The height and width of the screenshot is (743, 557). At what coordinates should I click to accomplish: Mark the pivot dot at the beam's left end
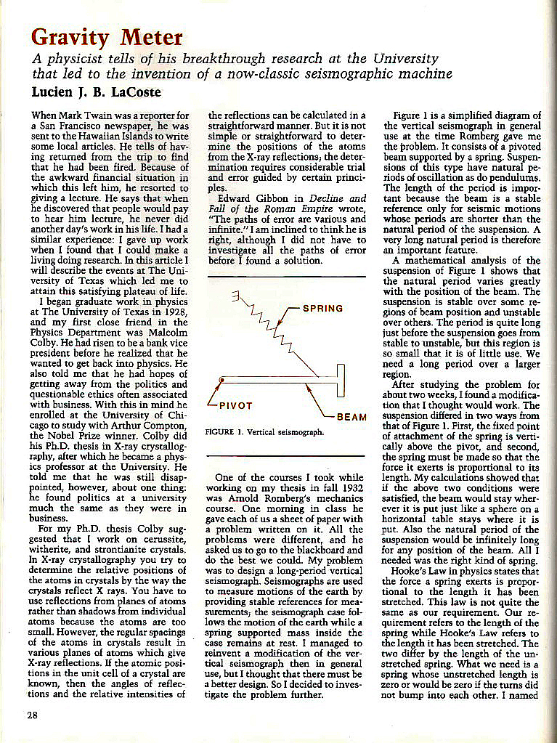(222, 380)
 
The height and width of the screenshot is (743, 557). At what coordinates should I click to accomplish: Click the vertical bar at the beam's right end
(339, 380)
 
